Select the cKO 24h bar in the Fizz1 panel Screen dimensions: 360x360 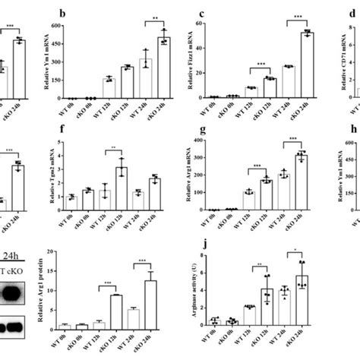tap(308, 66)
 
